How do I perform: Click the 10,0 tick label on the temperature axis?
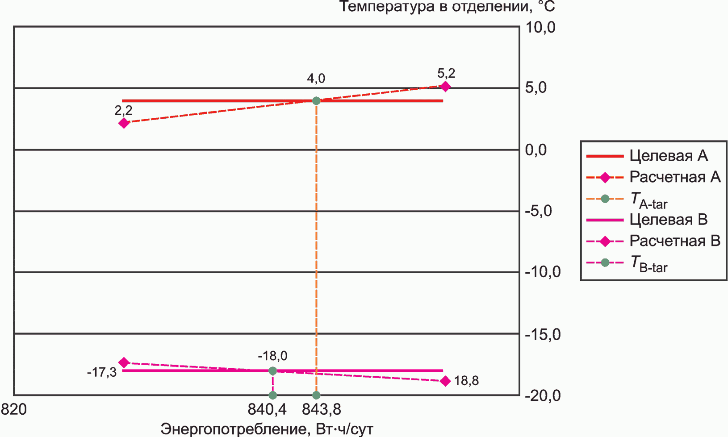[x=540, y=28]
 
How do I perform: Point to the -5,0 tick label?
[x=538, y=211]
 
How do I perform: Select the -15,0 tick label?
[x=542, y=334]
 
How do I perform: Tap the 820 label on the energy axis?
[x=14, y=409]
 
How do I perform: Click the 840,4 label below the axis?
[x=267, y=409]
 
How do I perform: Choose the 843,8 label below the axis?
[x=322, y=409]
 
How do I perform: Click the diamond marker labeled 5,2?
[x=445, y=87]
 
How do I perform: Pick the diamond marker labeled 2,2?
[x=124, y=123]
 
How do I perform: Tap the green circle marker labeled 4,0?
[x=316, y=101]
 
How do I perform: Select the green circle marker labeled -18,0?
[x=273, y=370]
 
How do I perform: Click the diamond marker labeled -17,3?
[x=124, y=362]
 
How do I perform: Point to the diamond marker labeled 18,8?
[x=445, y=381]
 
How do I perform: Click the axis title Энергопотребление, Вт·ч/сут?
[x=267, y=429]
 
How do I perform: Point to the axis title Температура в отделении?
[x=447, y=7]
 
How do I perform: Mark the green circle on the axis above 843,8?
[x=316, y=395]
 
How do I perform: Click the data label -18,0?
[x=272, y=356]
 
